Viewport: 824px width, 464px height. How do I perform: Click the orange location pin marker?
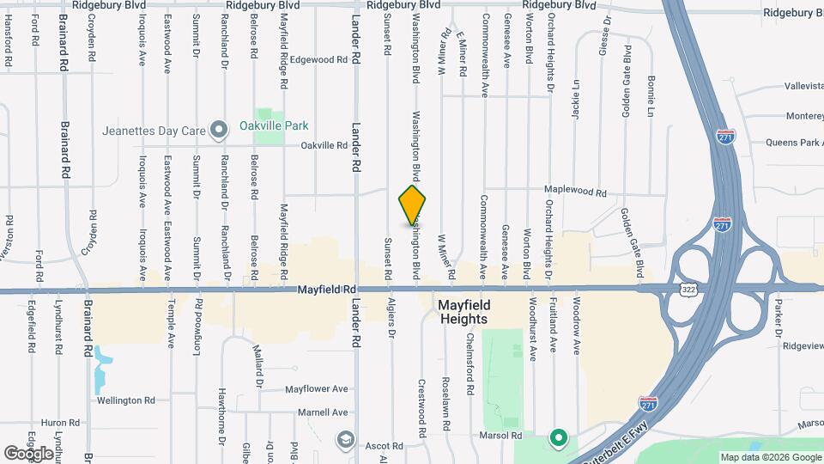[x=413, y=205]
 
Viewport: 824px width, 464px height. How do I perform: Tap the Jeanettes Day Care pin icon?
[x=219, y=131]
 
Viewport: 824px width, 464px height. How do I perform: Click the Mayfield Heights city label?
[x=463, y=312]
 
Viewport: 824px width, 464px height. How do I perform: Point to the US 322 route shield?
[x=688, y=290]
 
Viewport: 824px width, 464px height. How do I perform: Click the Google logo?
[x=29, y=453]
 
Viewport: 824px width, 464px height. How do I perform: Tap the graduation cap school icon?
[x=345, y=440]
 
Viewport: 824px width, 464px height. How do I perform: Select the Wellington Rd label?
[x=125, y=400]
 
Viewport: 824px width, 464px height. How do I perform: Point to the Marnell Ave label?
[x=323, y=412]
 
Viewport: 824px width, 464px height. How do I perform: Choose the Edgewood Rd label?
[x=318, y=60]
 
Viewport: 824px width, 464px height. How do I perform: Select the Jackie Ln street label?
[x=577, y=98]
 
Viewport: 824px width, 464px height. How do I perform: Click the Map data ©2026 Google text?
[x=769, y=457]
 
